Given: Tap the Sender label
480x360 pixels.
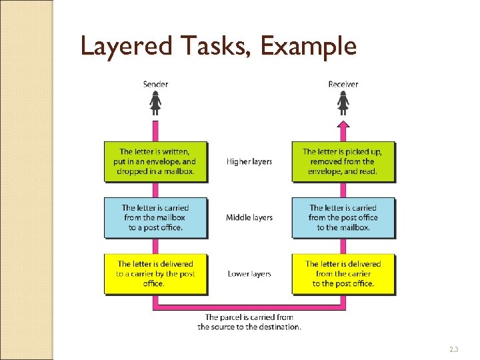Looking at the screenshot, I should point(155,84).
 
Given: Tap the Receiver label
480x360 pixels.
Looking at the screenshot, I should point(343,84).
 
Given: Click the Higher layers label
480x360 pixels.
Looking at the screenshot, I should point(249,161).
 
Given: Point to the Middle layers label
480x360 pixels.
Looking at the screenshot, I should point(249,217).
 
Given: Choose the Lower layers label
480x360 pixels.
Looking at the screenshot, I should point(249,273).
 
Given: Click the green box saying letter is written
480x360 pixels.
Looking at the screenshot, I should point(155,161).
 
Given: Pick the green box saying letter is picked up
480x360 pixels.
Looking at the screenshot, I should point(343,161).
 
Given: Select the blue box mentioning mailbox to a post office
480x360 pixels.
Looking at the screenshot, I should point(155,217).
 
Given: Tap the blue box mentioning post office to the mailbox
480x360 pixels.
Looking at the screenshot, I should point(343,217).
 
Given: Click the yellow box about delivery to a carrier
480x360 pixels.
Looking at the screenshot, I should point(155,273).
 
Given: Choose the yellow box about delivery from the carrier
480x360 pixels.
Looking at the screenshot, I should point(343,273).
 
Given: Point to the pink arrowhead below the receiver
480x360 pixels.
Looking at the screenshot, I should point(343,125).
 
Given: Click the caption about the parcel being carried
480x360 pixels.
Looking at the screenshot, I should point(249,322).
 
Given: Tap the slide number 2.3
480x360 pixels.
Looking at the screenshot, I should point(454,349).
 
